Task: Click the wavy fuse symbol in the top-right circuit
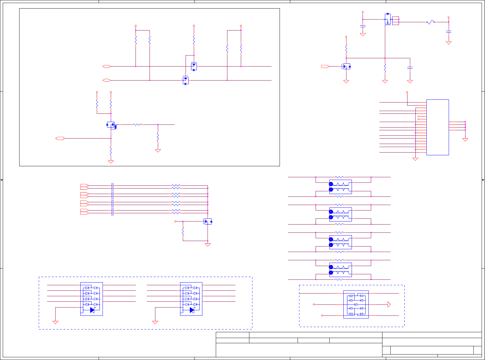tap(430, 22)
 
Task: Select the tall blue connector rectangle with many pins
tap(437, 127)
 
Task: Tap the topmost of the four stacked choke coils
tap(341, 187)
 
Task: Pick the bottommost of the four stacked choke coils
tap(341, 270)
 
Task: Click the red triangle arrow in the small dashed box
tap(389, 304)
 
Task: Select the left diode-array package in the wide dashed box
tap(91, 299)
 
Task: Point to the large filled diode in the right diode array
tap(192, 310)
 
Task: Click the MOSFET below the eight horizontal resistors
tap(208, 221)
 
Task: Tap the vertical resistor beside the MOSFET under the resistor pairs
tap(183, 231)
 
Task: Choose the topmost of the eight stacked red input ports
tap(84, 185)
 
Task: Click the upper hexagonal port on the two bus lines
tap(107, 66)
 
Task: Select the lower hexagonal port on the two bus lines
tap(107, 80)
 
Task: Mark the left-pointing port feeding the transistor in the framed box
tap(60, 139)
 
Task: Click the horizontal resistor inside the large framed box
tap(137, 124)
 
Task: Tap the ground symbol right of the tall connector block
tap(465, 139)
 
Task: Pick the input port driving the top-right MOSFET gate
tap(325, 66)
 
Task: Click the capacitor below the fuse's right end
tap(448, 31)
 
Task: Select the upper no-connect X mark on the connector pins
tap(418, 116)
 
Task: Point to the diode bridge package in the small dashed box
tap(356, 304)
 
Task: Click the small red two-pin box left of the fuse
tap(395, 21)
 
